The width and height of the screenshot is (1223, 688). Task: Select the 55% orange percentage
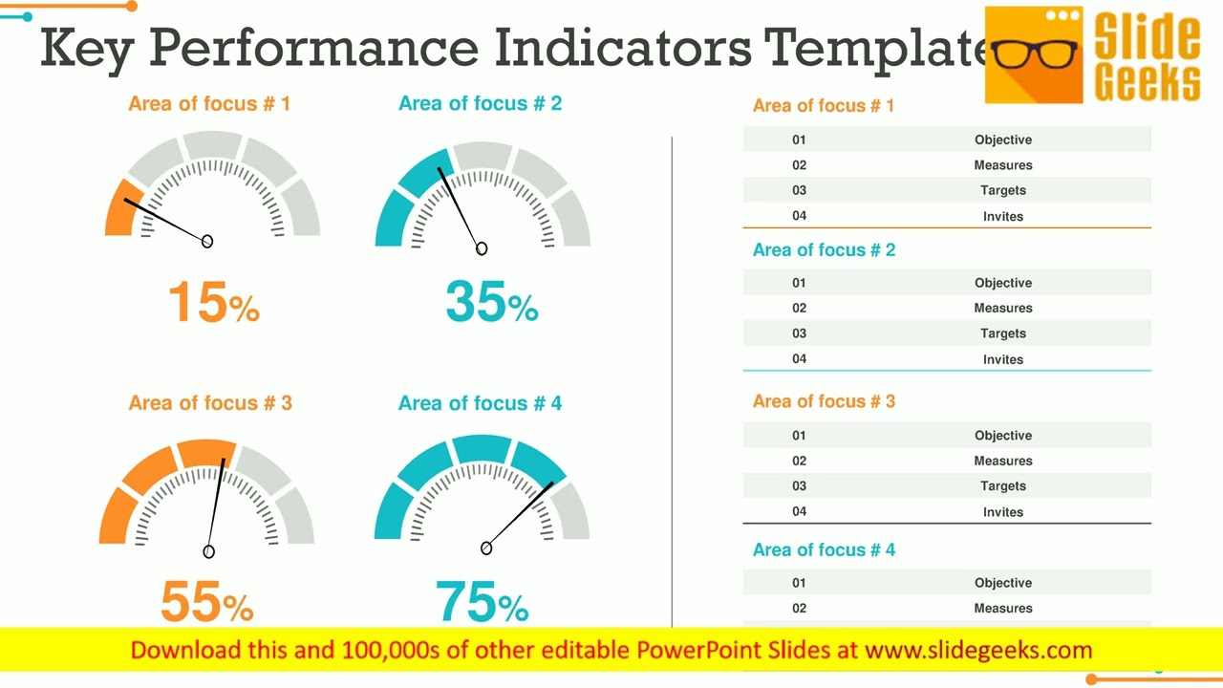[206, 602]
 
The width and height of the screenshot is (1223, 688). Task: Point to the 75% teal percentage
[482, 602]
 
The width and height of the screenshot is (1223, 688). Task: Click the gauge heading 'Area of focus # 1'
[209, 103]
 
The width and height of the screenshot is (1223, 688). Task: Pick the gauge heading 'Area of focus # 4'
[480, 403]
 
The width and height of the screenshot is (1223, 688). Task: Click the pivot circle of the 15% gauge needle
[207, 242]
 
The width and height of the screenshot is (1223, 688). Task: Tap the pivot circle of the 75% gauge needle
[486, 548]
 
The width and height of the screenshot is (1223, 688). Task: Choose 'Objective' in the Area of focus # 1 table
[1002, 140]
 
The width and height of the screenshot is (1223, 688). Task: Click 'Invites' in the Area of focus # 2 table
[1002, 359]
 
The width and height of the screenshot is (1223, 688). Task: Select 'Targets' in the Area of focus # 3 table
[1002, 485]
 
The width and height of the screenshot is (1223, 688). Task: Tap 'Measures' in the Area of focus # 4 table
[1002, 608]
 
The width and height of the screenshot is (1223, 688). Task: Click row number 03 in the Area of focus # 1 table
[799, 190]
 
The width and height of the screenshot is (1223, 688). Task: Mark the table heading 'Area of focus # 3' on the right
[824, 401]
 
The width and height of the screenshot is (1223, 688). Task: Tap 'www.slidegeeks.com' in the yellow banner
[977, 651]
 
